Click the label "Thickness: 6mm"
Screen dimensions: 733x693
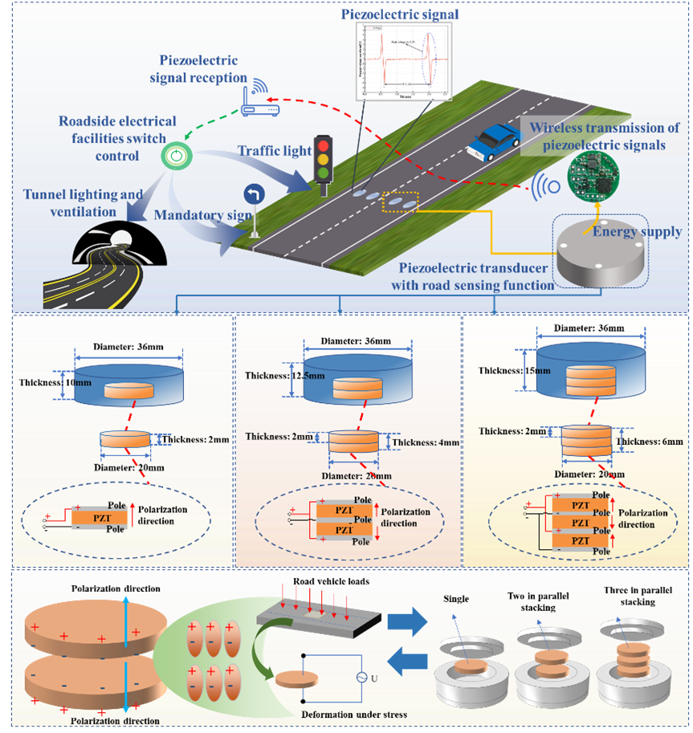click(650, 442)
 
